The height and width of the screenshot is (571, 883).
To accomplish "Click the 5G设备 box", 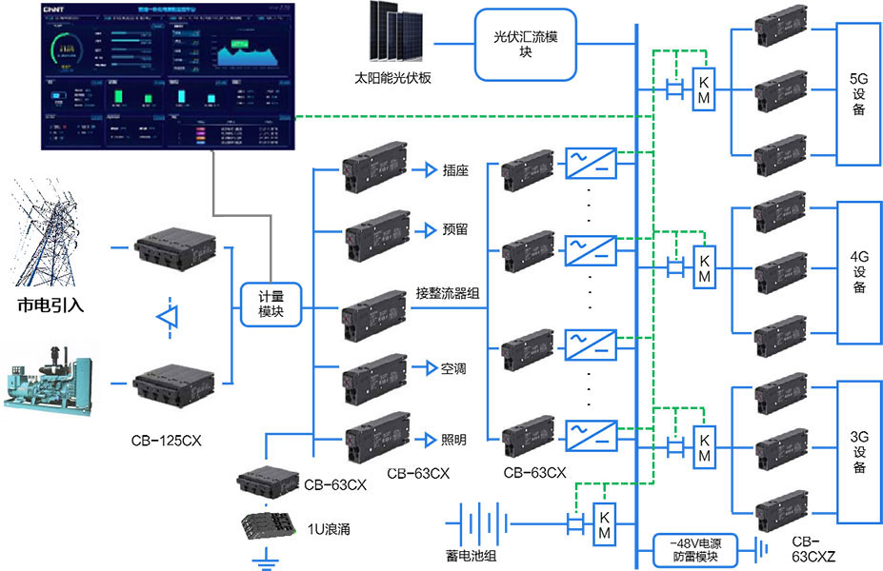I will [x=857, y=92].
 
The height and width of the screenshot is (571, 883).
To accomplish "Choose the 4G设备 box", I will [x=858, y=271].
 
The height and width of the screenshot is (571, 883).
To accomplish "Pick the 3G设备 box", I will [x=858, y=452].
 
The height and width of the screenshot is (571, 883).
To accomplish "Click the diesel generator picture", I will [x=49, y=383].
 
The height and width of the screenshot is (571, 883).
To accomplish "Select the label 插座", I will [x=454, y=171].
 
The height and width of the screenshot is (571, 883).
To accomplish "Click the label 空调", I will [x=453, y=368].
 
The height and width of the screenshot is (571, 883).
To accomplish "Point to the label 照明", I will [x=453, y=440].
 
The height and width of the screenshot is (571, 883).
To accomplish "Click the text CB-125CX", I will [x=168, y=442].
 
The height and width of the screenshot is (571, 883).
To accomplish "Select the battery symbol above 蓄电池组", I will [x=485, y=523].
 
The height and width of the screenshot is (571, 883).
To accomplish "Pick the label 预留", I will [x=454, y=229].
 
